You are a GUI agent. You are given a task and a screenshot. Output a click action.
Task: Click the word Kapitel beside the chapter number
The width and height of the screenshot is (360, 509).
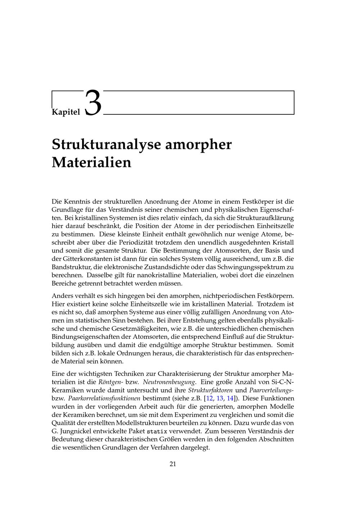(x=66, y=112)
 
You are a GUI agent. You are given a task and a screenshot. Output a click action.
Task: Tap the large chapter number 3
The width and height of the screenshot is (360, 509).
(x=93, y=103)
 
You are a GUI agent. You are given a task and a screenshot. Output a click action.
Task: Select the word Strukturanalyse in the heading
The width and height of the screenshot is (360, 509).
(x=106, y=145)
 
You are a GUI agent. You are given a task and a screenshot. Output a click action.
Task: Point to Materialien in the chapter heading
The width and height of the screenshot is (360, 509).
(x=91, y=162)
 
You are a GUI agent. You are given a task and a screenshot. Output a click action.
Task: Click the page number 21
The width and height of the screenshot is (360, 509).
(x=173, y=464)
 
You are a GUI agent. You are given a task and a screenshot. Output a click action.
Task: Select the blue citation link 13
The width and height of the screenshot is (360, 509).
(x=220, y=398)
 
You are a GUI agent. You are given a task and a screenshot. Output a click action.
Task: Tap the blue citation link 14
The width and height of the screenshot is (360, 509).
(x=230, y=398)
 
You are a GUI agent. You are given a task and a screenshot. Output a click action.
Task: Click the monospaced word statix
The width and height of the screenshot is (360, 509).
(x=157, y=431)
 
